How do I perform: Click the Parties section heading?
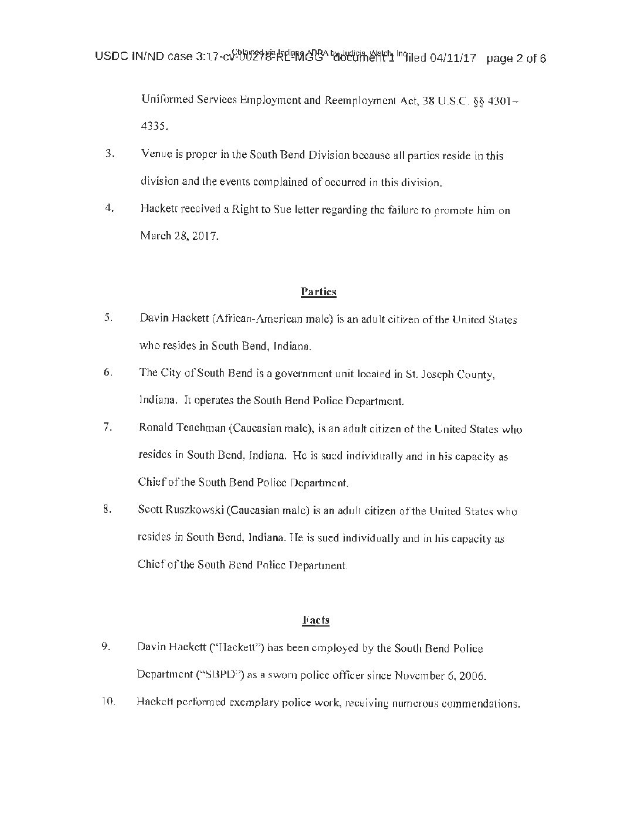[318, 292]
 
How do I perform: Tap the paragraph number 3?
[108, 155]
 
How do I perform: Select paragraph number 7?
[107, 427]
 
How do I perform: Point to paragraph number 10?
[108, 702]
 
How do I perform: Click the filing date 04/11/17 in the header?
[452, 59]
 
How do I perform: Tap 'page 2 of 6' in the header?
[516, 59]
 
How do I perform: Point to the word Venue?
[157, 155]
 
